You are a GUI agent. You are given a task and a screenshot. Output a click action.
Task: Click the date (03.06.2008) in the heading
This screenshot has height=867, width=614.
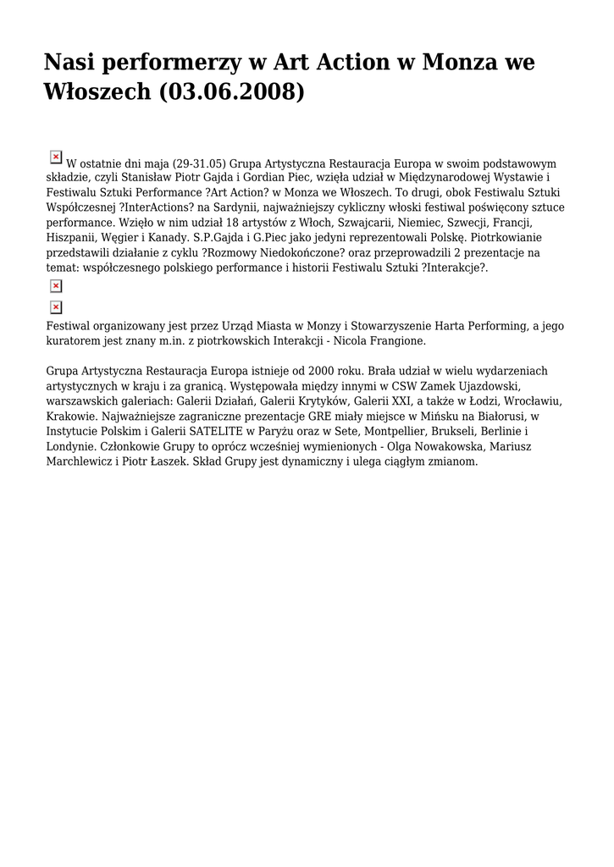point(230,91)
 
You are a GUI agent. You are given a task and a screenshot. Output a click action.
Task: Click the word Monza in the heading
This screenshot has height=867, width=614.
point(462,62)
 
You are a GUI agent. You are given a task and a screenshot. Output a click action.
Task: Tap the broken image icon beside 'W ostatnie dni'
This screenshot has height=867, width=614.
point(56,157)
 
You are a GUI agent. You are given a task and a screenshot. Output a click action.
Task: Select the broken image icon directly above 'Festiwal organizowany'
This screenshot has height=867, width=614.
point(56,307)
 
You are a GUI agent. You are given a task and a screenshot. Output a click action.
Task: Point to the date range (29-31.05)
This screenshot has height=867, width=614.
point(200,163)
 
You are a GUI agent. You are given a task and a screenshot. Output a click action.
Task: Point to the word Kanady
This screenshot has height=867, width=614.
point(167,238)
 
